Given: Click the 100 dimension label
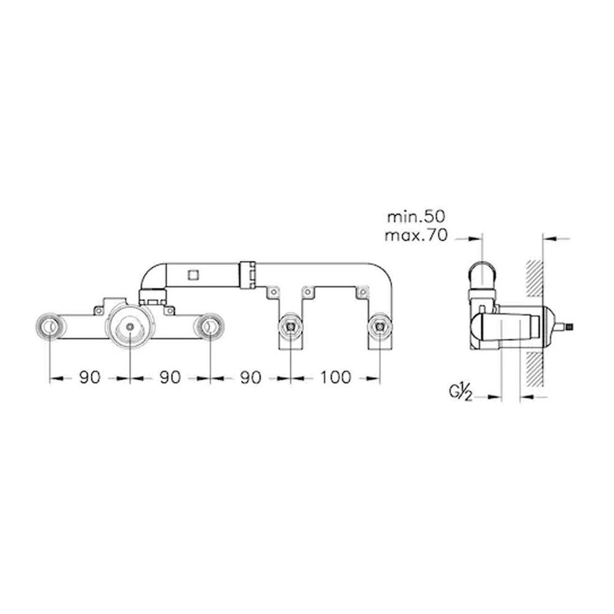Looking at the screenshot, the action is click(335, 377).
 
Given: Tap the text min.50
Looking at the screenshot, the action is click(416, 217).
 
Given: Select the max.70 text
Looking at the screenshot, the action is click(416, 236).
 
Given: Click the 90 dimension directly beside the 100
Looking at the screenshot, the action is click(251, 377).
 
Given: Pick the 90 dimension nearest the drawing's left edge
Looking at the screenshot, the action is click(90, 377).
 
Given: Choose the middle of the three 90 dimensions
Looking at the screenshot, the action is click(170, 377).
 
